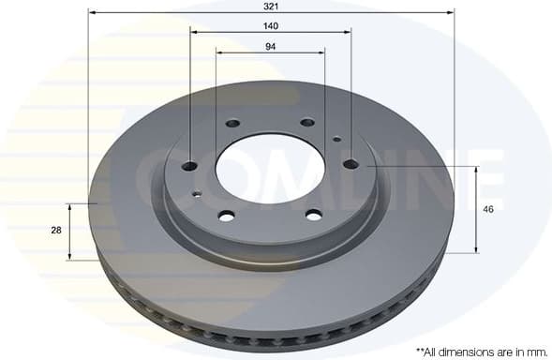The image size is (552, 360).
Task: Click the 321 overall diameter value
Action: click(271, 5)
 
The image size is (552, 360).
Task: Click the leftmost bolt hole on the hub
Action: click(189, 166)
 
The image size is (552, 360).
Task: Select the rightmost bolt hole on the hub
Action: click(351, 164)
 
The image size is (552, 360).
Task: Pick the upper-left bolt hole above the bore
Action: click(232, 123)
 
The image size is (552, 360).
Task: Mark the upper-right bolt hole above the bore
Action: click(307, 122)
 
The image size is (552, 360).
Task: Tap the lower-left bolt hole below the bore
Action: click(227, 216)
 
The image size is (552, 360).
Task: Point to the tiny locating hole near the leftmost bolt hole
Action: click(196, 195)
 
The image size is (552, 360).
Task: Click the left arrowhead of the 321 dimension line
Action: click(91, 13)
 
